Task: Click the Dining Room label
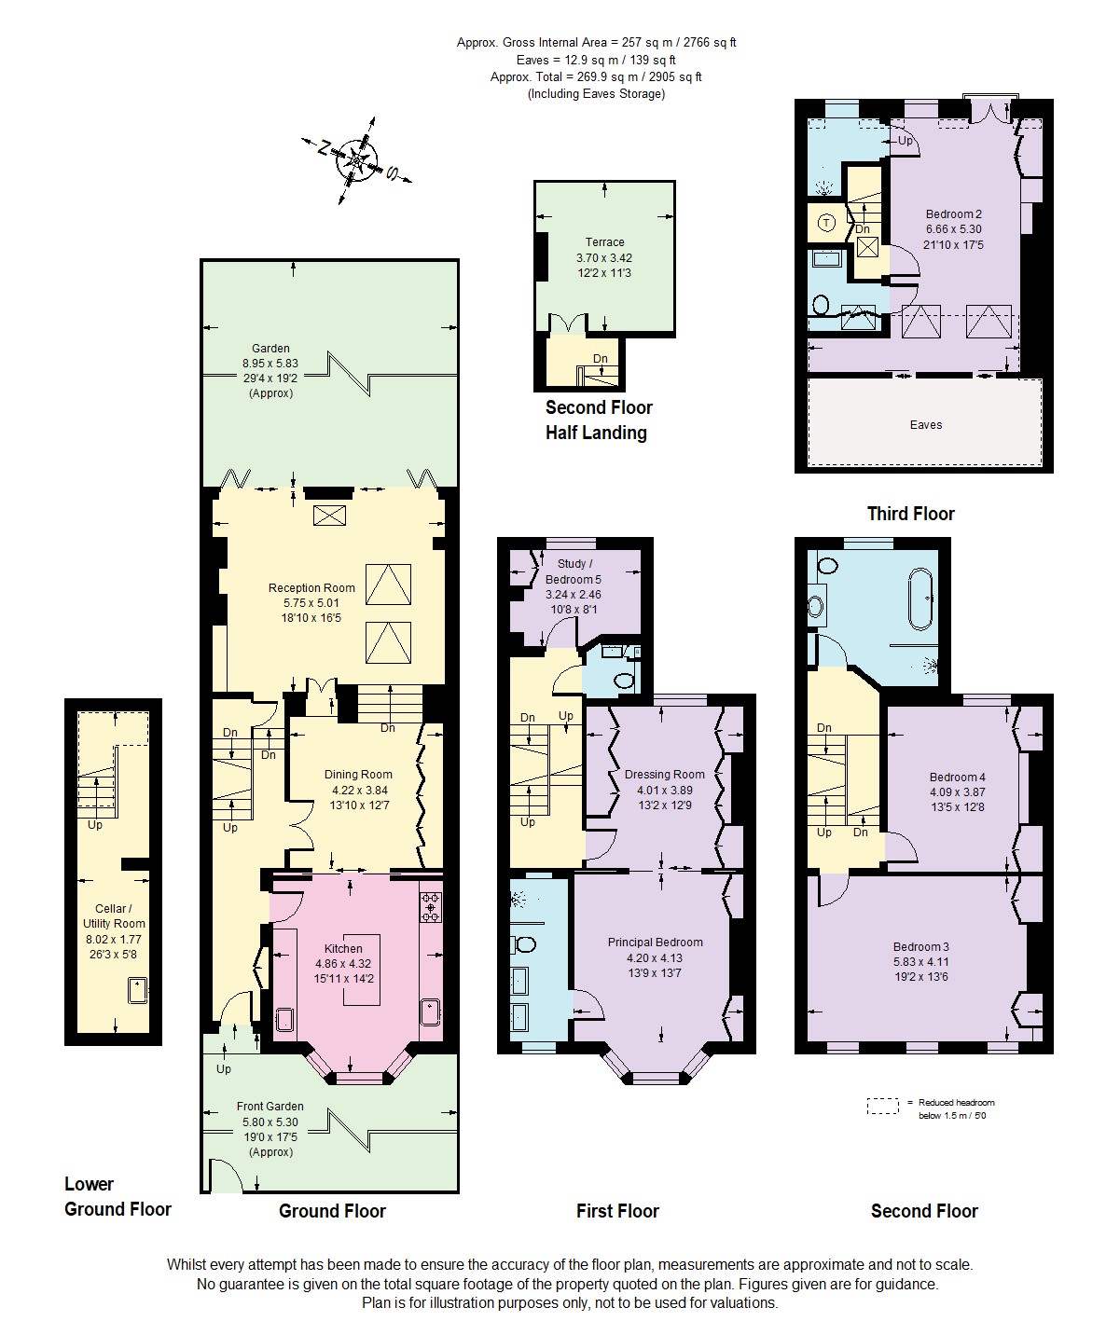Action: tap(358, 789)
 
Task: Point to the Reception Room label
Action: tap(311, 602)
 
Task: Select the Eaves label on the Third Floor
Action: tap(925, 425)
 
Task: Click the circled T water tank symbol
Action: tap(826, 223)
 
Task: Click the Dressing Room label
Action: tap(664, 789)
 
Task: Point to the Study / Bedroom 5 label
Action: tap(573, 578)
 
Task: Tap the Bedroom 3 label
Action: tap(920, 962)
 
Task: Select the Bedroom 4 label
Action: tap(957, 791)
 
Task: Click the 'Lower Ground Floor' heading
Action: tap(118, 1196)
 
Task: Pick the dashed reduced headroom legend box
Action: tap(881, 1107)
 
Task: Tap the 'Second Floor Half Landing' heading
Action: tap(598, 420)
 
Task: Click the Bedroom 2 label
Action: tap(953, 229)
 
